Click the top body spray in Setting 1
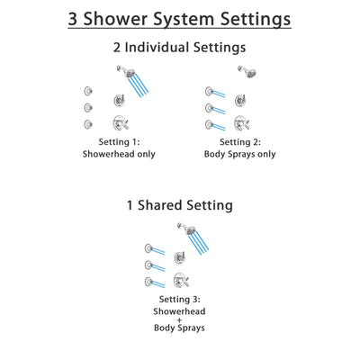click(86, 89)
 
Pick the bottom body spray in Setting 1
click(86, 124)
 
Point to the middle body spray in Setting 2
click(209, 107)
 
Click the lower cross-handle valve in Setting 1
click(119, 123)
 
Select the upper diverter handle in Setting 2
click(240, 101)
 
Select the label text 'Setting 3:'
click(181, 299)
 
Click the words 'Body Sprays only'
click(240, 154)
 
